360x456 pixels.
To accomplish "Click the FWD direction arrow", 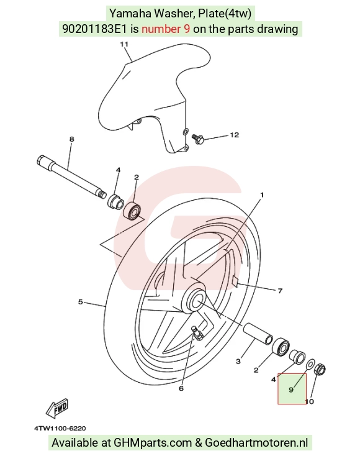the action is (x=57, y=406).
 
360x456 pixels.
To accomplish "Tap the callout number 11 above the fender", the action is (x=124, y=44).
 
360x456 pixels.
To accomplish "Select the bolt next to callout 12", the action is (x=198, y=138).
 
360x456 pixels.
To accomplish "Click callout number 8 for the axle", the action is (x=72, y=139).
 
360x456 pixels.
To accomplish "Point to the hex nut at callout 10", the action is (x=320, y=370).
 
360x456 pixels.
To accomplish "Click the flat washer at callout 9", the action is (x=310, y=363).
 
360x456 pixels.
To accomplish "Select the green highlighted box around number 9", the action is (x=292, y=389).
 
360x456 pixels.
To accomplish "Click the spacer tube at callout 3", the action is (x=258, y=334).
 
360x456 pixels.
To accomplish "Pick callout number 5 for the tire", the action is (x=81, y=302).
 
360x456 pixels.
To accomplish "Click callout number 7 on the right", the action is (x=280, y=291).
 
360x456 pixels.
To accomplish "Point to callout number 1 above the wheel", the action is (x=262, y=194).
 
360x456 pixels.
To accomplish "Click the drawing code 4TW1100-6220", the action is (x=60, y=429).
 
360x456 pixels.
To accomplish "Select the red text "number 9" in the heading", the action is (x=166, y=29).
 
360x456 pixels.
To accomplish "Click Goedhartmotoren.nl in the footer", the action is (x=256, y=442).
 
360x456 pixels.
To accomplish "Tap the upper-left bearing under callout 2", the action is (x=132, y=209).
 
